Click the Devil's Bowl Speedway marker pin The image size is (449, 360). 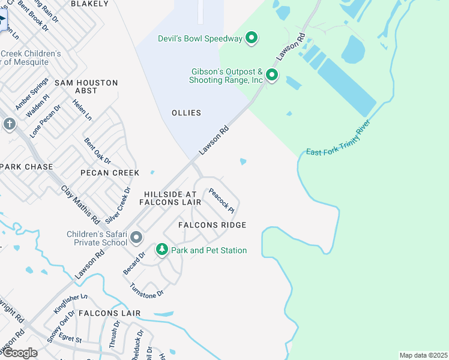(252, 38)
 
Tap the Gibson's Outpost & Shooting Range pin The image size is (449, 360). (272, 76)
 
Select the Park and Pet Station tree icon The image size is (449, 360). (161, 250)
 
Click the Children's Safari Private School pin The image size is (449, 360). (136, 238)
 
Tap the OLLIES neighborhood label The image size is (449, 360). (186, 113)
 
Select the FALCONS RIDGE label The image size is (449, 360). (212, 225)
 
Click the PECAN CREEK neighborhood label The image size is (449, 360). (110, 173)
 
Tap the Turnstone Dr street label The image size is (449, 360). (146, 291)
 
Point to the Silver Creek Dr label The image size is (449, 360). (118, 206)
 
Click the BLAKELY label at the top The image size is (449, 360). (90, 4)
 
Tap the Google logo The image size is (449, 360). (19, 353)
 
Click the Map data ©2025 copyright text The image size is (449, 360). (423, 355)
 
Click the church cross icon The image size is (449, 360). (9, 124)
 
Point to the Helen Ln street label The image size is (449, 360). (82, 109)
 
